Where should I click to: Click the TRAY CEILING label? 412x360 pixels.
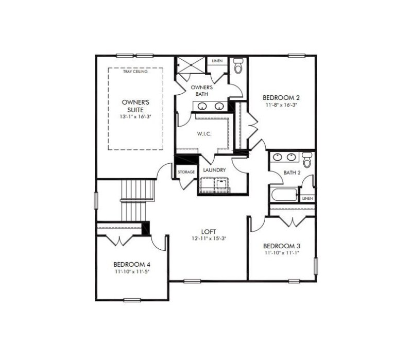[x=135, y=72]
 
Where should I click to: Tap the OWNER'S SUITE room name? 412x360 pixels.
[x=136, y=106]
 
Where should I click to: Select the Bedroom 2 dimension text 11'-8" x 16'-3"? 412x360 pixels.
[x=281, y=105]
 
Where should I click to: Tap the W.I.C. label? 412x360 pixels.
[x=204, y=134]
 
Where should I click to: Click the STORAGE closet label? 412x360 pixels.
[x=186, y=172]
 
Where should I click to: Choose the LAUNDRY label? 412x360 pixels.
[x=215, y=170]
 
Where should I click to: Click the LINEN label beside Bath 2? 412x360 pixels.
[x=307, y=198]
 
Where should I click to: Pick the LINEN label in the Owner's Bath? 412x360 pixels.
[x=217, y=61]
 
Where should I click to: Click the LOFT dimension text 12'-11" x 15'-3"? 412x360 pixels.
[x=209, y=238]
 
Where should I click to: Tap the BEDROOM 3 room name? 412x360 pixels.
[x=281, y=246]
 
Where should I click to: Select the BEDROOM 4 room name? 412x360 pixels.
[x=132, y=264]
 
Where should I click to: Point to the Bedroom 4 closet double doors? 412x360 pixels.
[x=120, y=239]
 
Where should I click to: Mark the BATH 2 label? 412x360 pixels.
[x=292, y=173]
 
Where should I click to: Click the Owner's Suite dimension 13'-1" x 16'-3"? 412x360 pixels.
[x=136, y=116]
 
